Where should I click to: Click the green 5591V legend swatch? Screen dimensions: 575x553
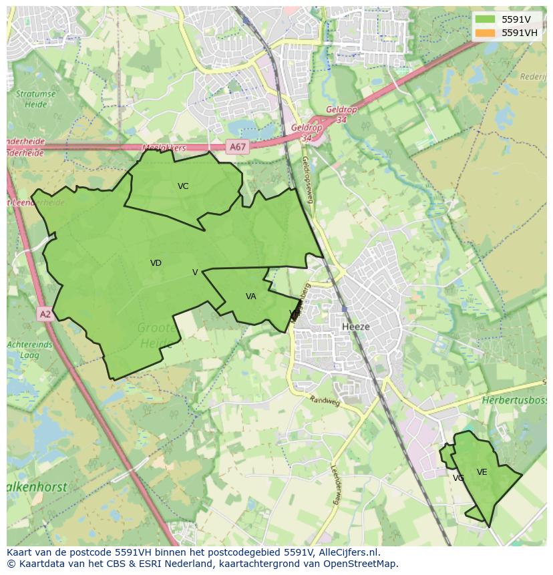coord(485,19)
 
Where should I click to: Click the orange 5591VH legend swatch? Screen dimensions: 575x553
coord(485,33)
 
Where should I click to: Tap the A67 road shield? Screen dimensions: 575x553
coord(236,147)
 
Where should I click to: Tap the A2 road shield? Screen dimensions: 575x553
coord(45,314)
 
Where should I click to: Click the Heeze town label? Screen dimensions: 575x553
coord(355,327)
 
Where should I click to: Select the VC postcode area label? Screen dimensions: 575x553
coord(183,186)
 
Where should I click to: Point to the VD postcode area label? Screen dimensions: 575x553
coord(156,263)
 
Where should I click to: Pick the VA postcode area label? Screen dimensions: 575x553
coord(250,297)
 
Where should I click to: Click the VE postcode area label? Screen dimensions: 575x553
coord(482,472)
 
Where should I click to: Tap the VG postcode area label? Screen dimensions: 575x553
coord(458,478)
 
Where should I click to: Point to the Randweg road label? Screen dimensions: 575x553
coord(325,401)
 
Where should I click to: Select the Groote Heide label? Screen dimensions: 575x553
coord(157,336)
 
